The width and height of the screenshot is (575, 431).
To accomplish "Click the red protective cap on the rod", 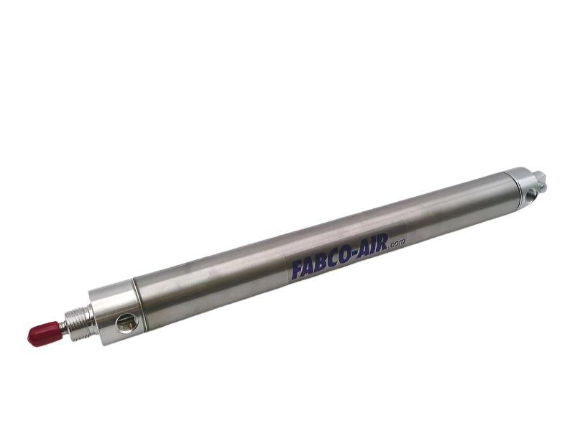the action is [x=44, y=333].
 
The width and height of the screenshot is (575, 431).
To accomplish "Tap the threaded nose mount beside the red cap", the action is [x=80, y=323].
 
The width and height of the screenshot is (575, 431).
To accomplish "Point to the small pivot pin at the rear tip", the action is [x=540, y=182].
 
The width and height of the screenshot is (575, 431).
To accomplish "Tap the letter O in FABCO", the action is [x=345, y=256].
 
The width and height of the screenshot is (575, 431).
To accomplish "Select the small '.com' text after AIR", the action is [x=397, y=245].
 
